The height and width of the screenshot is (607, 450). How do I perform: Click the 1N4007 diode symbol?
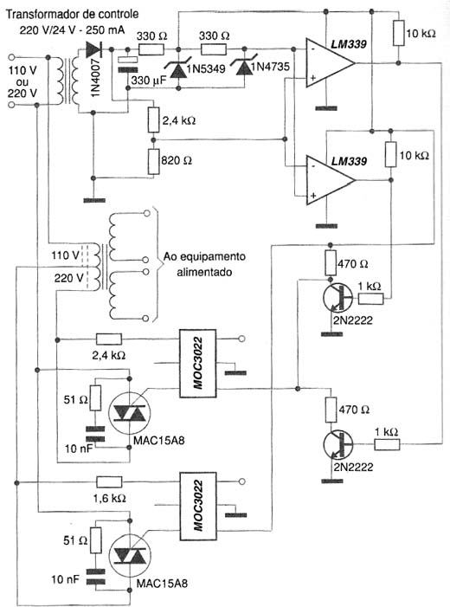point(94,49)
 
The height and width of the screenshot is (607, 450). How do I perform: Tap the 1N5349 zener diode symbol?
point(178,68)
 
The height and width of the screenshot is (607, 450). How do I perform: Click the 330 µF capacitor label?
point(148,81)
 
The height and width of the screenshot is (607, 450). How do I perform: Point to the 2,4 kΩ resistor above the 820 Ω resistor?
point(154,119)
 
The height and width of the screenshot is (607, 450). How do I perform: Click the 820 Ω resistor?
point(154,161)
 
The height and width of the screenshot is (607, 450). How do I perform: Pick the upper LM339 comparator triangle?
point(330,62)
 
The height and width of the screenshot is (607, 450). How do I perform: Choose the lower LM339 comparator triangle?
point(330,180)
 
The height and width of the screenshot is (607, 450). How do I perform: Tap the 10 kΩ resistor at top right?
point(399,33)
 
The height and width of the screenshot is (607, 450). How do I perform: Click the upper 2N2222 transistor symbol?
point(337,297)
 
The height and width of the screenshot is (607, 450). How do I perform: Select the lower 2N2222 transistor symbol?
point(337,445)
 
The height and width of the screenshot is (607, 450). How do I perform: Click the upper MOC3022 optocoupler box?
point(197,364)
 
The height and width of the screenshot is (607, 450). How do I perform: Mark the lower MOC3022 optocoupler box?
point(197,507)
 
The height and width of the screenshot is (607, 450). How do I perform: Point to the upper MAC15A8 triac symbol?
point(130,413)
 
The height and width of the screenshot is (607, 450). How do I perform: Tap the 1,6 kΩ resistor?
point(109,482)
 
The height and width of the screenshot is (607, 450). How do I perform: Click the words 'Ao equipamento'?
point(204,256)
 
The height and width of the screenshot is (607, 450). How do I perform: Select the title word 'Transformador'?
point(43,15)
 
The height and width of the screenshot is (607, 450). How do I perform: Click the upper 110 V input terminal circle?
point(11,57)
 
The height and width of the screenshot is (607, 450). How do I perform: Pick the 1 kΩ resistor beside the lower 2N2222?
point(387,445)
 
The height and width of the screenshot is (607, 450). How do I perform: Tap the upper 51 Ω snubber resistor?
point(95,398)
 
